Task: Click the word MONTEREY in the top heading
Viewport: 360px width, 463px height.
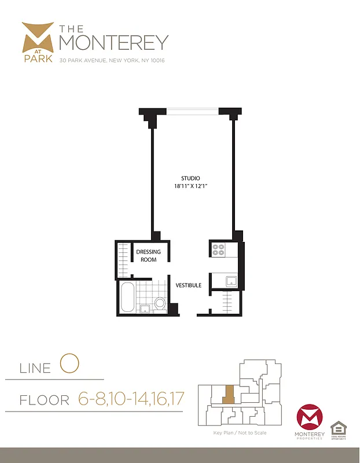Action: tap(113, 42)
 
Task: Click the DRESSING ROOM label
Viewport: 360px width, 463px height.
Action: tap(149, 256)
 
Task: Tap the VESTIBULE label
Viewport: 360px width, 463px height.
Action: tap(189, 285)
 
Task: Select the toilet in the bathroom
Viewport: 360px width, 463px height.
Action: tap(160, 303)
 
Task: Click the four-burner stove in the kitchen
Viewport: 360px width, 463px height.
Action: tap(219, 249)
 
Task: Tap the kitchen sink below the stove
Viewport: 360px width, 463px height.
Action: tap(232, 281)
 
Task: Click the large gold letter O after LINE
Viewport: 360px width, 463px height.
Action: tap(68, 365)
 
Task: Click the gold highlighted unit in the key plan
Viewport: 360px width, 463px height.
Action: tap(229, 395)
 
